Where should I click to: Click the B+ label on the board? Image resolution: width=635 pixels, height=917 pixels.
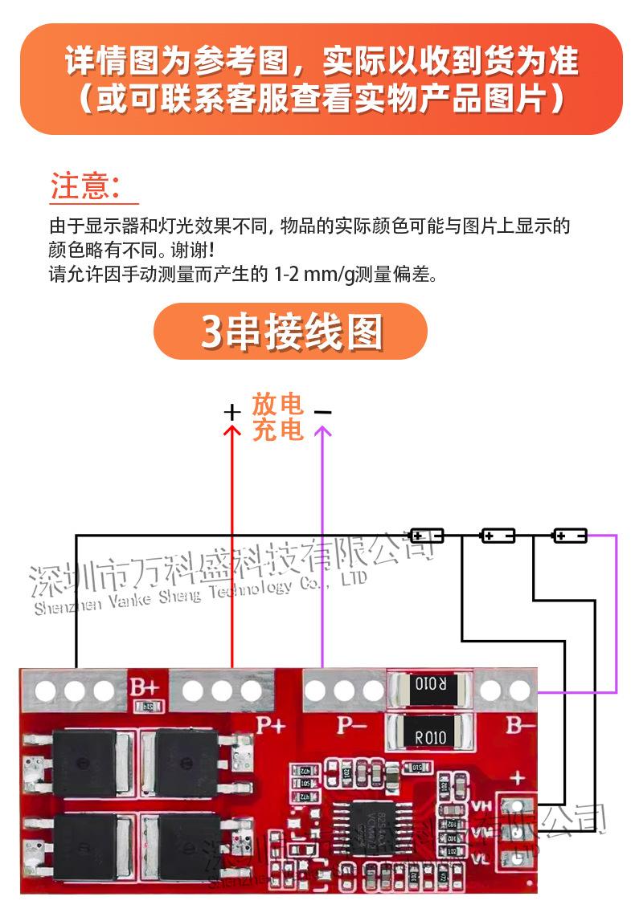(x=145, y=688)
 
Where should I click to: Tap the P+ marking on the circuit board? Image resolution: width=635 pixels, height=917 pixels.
(x=271, y=725)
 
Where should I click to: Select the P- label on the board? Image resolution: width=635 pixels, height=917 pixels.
(x=351, y=725)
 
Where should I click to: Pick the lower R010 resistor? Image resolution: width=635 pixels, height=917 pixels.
(x=430, y=735)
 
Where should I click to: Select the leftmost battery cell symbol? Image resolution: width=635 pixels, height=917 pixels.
(x=427, y=535)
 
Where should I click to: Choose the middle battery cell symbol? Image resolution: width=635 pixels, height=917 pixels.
(x=498, y=535)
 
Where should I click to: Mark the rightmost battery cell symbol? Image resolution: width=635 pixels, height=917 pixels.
(x=570, y=535)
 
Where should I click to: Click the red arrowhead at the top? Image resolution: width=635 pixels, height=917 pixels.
(x=232, y=431)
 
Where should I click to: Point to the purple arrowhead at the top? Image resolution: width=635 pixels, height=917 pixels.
(x=322, y=431)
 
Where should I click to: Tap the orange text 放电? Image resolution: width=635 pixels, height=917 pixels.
(x=277, y=403)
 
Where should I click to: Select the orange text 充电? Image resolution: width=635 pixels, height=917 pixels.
(x=277, y=430)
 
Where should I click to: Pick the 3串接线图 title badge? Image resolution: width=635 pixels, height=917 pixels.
(x=290, y=331)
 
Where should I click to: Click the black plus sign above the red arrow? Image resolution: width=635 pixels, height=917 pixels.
(x=232, y=413)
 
